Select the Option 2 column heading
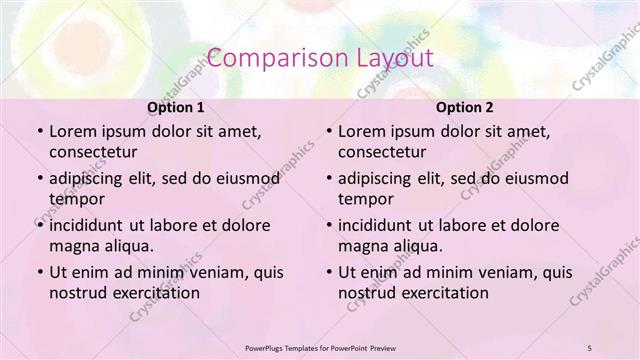click(465, 107)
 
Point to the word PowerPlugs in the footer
click(267, 347)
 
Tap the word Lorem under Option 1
click(72, 131)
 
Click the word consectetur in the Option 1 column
click(94, 153)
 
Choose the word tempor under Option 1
click(75, 199)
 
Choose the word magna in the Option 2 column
click(363, 246)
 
